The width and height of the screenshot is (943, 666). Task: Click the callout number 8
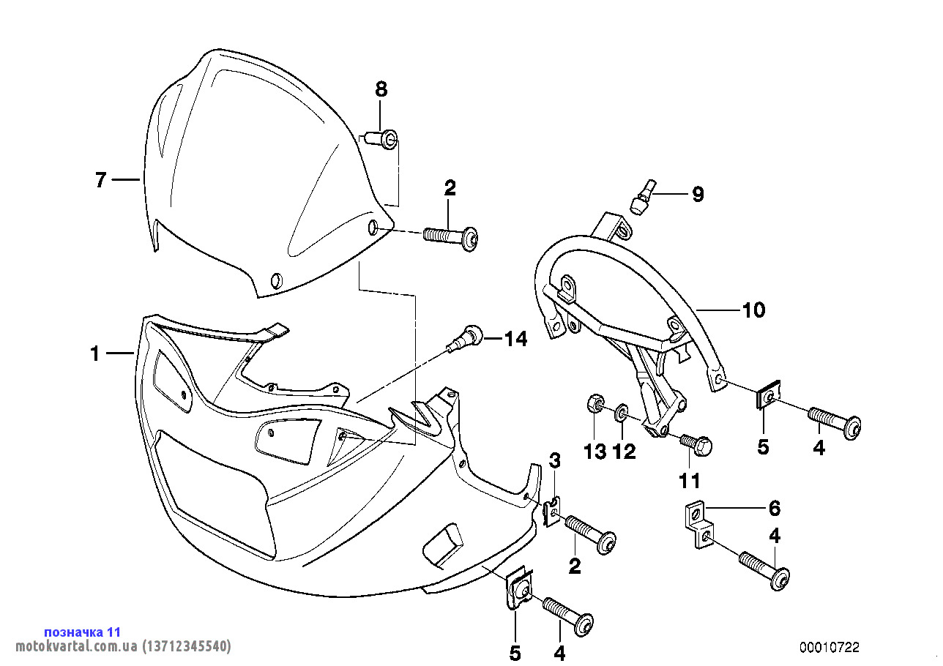coord(381,90)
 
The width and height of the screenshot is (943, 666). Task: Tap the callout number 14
coord(515,339)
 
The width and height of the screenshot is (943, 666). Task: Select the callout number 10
coord(753,310)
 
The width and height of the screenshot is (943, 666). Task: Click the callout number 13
coord(595,452)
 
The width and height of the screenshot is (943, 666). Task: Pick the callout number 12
coord(624,452)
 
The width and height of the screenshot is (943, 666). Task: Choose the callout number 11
coord(690,480)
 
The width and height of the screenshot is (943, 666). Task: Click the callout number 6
coord(774,508)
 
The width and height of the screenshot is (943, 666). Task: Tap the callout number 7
coord(101,180)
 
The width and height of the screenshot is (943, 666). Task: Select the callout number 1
coord(94,354)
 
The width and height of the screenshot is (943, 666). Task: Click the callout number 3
coord(555,461)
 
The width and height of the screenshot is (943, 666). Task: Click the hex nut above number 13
coord(594,404)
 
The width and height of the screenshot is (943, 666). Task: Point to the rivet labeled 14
coord(466,338)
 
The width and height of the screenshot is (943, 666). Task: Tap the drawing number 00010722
coord(829,647)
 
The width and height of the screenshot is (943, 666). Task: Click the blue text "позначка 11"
coord(82,632)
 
